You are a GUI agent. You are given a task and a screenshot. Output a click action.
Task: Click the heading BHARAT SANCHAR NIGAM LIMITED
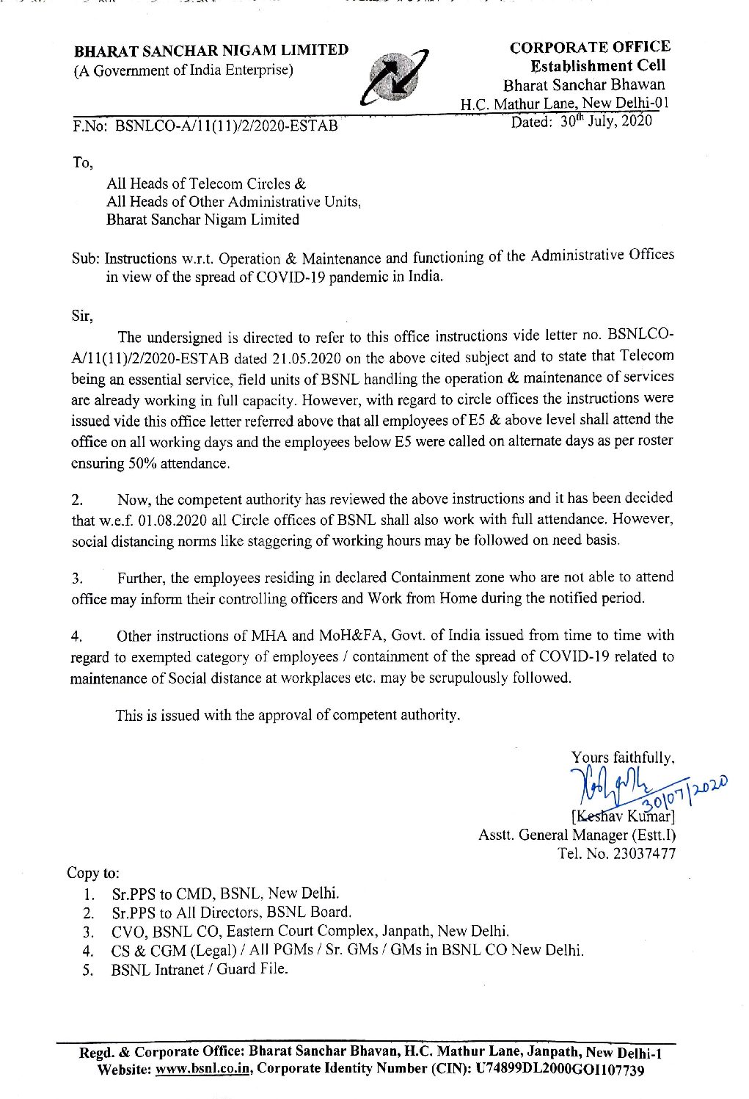(211, 51)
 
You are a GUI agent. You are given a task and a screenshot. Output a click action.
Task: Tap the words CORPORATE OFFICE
(590, 47)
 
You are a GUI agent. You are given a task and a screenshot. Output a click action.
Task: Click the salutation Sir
(82, 316)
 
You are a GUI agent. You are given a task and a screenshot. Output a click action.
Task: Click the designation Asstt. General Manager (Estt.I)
(577, 835)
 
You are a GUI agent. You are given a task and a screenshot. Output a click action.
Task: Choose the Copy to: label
(93, 873)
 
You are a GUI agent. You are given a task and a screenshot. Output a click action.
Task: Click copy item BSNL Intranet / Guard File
(200, 969)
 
